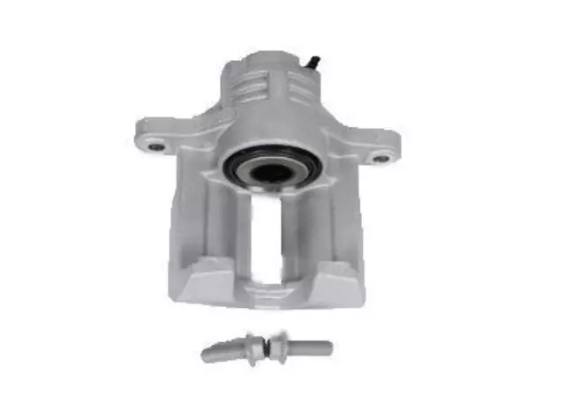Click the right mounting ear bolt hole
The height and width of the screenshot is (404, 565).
click(380, 158)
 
